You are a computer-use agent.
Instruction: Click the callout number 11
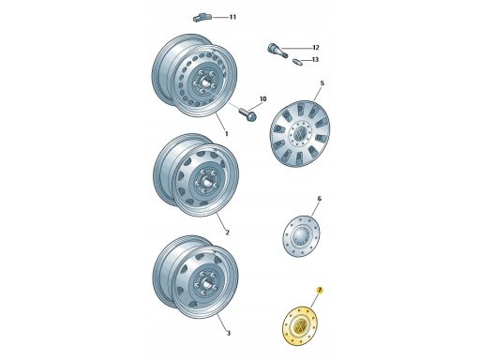232,17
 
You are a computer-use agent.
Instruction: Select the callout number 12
316,48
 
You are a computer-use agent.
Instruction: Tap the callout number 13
315,59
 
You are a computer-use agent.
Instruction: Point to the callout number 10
263,99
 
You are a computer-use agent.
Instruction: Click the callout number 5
322,83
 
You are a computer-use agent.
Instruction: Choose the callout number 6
319,199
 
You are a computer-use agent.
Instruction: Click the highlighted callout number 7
320,291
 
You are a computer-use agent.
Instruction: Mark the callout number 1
227,134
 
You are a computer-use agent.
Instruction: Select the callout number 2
228,232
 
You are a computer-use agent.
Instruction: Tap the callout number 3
229,333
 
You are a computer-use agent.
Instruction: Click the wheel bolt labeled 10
248,114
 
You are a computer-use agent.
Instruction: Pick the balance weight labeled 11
202,18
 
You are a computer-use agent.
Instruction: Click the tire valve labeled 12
277,51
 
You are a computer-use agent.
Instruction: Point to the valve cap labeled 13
297,62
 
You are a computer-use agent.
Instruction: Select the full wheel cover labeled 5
300,134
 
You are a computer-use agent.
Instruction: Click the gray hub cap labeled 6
301,236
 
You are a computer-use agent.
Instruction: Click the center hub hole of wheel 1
205,82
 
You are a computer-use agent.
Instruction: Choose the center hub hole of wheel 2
206,182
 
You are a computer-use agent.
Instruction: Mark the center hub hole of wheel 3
206,284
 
